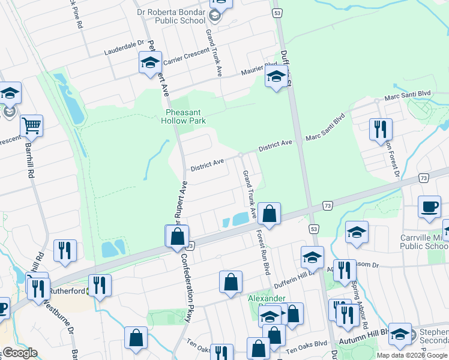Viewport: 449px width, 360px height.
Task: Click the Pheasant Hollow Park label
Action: [183, 116]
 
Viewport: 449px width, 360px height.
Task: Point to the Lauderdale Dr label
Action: [124, 44]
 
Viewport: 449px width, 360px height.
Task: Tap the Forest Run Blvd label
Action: [263, 253]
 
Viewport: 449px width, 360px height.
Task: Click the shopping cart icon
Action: [31, 127]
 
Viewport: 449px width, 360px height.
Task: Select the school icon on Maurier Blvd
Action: [276, 77]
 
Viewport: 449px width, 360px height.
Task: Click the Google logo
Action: [19, 353]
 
